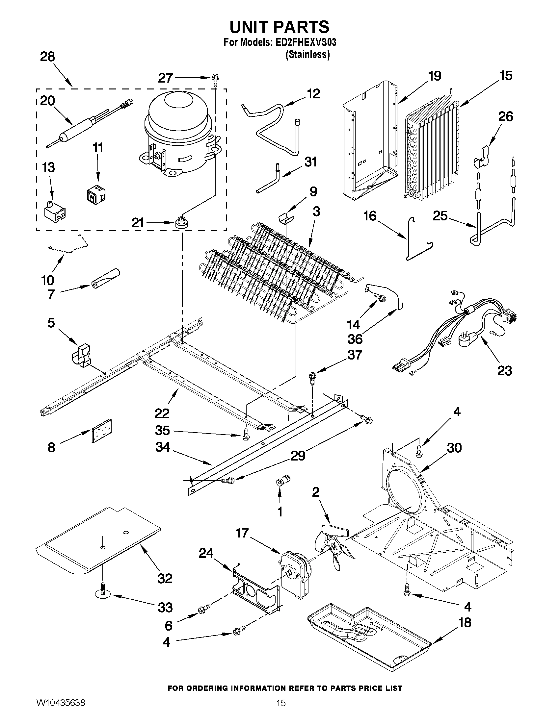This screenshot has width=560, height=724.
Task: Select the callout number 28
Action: (47, 57)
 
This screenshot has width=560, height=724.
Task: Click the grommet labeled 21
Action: (181, 221)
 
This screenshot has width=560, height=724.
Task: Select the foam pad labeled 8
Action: (101, 431)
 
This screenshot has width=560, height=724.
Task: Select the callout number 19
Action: (435, 76)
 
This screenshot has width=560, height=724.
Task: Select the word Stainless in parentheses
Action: (307, 55)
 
